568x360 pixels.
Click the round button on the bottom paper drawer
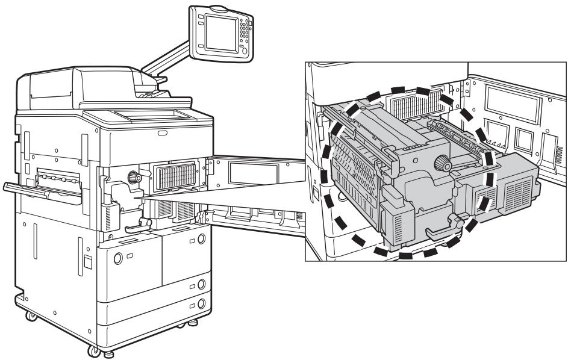(201, 303)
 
